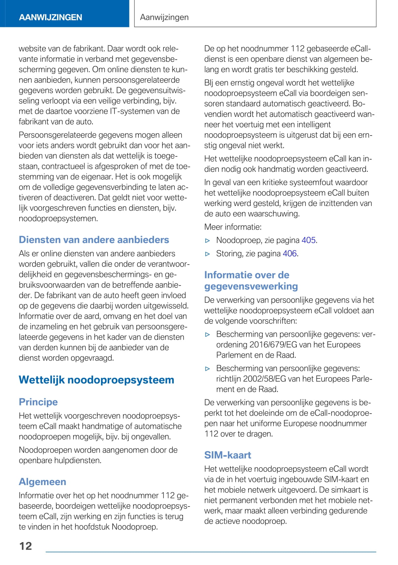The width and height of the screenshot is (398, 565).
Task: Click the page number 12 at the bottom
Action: [x=26, y=546]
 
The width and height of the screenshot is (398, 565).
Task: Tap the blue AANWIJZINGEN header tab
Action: [x=51, y=17]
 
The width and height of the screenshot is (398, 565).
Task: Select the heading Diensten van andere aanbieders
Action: [x=94, y=240]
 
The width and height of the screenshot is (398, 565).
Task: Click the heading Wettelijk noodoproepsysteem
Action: [x=96, y=380]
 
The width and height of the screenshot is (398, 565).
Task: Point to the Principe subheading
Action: [x=38, y=402]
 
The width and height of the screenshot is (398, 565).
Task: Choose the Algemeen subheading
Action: [x=42, y=482]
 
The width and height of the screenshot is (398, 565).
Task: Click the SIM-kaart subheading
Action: [x=228, y=455]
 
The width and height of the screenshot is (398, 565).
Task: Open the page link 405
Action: [x=309, y=240]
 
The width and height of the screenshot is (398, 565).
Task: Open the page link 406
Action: [x=290, y=254]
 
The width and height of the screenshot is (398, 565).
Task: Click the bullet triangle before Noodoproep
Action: [x=208, y=241]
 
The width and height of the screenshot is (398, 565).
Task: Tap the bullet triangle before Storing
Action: [x=208, y=254]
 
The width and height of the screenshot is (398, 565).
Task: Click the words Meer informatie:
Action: [x=233, y=227]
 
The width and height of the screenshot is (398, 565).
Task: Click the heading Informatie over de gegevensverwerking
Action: [x=251, y=280]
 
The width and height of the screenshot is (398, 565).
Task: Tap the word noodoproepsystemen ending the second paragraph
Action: [x=58, y=219]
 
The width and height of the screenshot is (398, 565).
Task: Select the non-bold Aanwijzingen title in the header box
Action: [x=164, y=17]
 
